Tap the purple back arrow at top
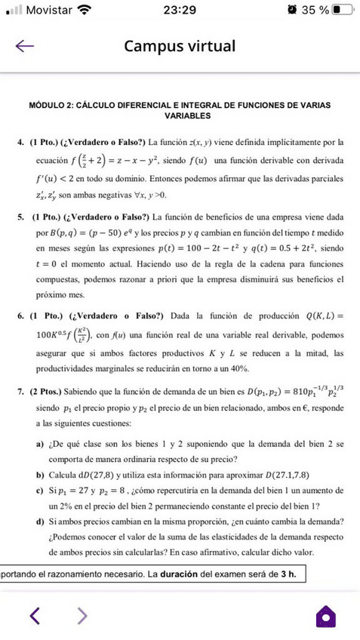(x=26, y=46)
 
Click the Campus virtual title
(x=180, y=46)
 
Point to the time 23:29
(x=179, y=11)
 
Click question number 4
(x=19, y=142)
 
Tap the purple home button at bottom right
(x=325, y=616)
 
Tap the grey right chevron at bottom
(x=82, y=617)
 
